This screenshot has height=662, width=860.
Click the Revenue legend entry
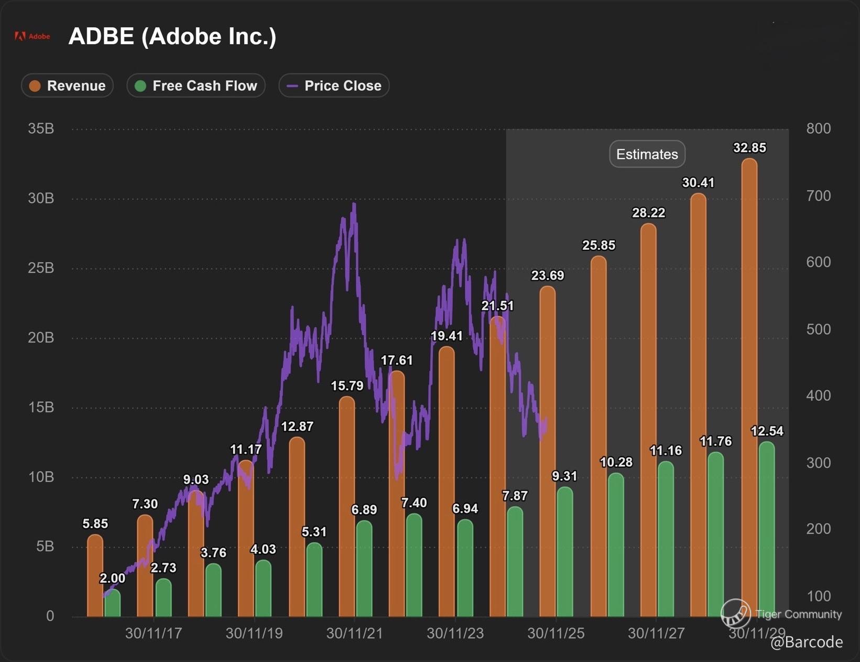pos(67,86)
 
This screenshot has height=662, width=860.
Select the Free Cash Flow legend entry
pos(196,86)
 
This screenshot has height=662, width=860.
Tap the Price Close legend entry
pos(334,86)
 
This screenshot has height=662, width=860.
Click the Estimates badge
pos(647,154)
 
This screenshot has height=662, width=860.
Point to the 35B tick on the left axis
pos(41,129)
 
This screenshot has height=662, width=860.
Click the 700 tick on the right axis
pos(818,196)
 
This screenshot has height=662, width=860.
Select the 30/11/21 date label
pos(354,634)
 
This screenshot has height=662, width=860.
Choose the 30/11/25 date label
pos(556,634)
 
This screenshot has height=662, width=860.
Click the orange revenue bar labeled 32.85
pos(749,388)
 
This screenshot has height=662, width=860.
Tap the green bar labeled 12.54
pos(767,530)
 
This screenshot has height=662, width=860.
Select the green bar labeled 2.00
pos(112,603)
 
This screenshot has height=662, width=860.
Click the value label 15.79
pos(347,386)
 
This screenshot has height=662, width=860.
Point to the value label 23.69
pos(548,275)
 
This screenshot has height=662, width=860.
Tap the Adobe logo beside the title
pos(32,36)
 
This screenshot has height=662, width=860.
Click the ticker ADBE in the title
pos(101,36)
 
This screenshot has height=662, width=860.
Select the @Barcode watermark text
pos(807,642)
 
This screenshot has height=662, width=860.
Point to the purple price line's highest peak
pos(355,205)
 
